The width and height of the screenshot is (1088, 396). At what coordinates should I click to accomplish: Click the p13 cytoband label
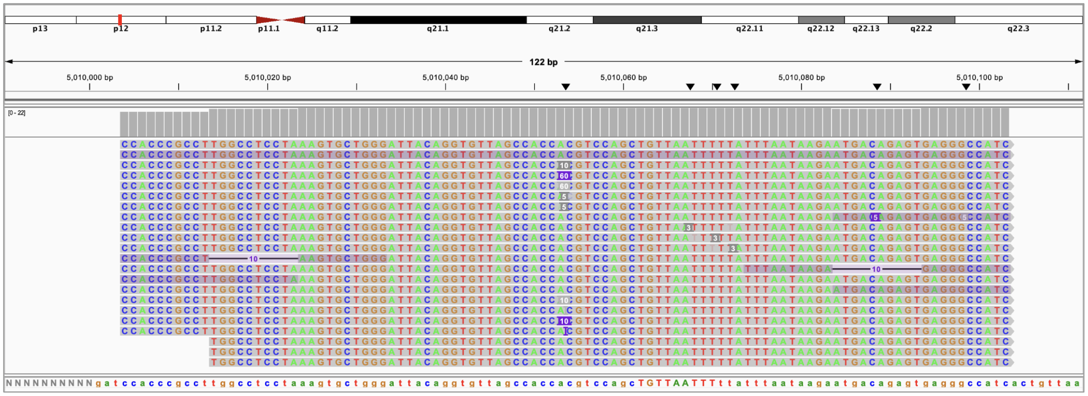pyautogui.click(x=40, y=29)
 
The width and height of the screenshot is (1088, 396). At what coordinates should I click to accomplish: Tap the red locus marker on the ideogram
pyautogui.click(x=120, y=20)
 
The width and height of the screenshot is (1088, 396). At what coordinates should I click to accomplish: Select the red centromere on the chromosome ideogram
pyautogui.click(x=280, y=20)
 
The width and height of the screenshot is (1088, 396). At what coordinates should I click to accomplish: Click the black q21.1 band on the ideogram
pyautogui.click(x=438, y=20)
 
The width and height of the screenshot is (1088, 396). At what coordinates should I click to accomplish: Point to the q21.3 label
pyautogui.click(x=647, y=29)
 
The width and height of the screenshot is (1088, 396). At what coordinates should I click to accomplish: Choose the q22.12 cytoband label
pyautogui.click(x=820, y=29)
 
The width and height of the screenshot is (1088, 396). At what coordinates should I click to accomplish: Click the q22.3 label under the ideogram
pyautogui.click(x=1018, y=29)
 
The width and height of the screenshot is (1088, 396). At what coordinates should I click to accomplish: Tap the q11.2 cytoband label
pyautogui.click(x=327, y=29)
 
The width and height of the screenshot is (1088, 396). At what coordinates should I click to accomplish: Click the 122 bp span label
pyautogui.click(x=543, y=62)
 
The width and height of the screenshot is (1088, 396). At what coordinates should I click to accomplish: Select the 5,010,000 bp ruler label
pyautogui.click(x=90, y=78)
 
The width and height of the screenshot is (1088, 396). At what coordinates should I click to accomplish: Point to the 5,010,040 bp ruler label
pyautogui.click(x=445, y=78)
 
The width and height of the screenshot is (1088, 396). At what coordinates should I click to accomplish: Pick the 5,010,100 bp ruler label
pyautogui.click(x=979, y=78)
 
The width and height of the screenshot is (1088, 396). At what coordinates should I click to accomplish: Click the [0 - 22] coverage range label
pyautogui.click(x=17, y=113)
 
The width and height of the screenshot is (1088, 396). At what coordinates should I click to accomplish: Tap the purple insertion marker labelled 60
pyautogui.click(x=564, y=176)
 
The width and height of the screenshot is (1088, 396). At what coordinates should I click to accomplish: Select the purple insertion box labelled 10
pyautogui.click(x=564, y=321)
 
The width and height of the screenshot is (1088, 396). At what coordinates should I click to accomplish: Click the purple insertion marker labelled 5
pyautogui.click(x=875, y=217)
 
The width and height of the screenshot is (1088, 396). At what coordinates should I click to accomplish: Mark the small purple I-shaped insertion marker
pyautogui.click(x=565, y=331)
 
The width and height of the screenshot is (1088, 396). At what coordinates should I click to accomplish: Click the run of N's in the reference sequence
pyautogui.click(x=49, y=383)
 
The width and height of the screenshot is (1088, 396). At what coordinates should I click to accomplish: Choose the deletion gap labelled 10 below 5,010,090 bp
pyautogui.click(x=876, y=269)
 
